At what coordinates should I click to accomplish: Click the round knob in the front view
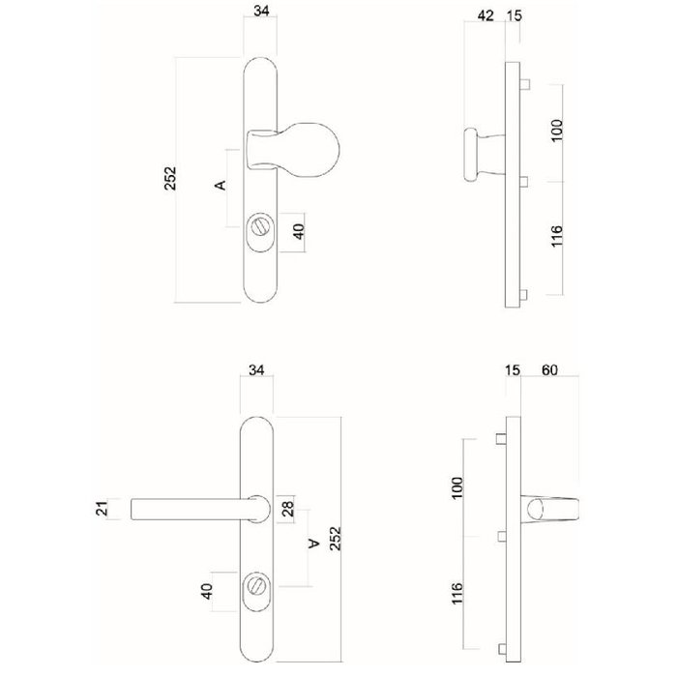314,150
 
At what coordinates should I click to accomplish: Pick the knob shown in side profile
477,154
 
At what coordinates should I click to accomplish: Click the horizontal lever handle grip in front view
189,508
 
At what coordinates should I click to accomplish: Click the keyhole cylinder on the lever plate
256,585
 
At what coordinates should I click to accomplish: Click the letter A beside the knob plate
220,184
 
